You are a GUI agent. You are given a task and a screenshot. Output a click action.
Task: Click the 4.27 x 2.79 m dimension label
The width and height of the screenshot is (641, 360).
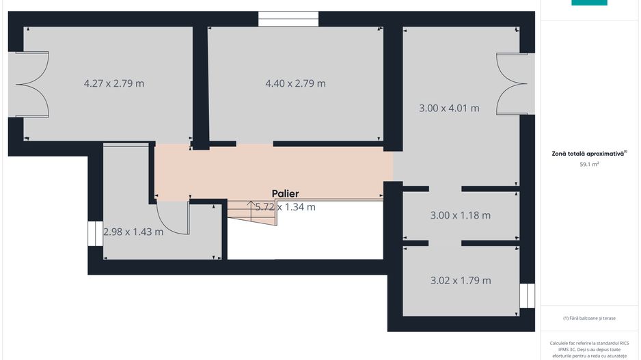(x=114, y=83)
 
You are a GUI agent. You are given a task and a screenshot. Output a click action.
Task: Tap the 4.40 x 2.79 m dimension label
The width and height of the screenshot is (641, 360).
(x=295, y=83)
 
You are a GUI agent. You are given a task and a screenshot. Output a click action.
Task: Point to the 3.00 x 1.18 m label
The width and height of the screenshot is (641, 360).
(x=461, y=215)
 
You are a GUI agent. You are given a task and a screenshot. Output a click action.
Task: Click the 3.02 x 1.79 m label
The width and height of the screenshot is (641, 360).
(x=461, y=280)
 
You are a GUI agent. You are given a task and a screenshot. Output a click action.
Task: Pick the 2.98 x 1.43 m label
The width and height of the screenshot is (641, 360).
(x=133, y=232)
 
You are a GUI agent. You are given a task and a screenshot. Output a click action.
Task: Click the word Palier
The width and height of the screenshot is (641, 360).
(x=285, y=193)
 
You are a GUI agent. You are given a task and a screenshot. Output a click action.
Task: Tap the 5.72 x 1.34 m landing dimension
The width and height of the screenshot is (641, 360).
(x=285, y=206)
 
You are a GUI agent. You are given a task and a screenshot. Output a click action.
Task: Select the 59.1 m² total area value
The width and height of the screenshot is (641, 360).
(x=589, y=165)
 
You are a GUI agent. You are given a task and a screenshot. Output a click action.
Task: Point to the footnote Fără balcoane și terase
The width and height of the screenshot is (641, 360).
(x=589, y=318)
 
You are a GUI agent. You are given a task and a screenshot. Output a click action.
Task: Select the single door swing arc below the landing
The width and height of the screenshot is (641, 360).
(x=172, y=219)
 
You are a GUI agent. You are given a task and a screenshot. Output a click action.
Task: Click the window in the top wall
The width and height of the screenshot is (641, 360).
(x=288, y=18)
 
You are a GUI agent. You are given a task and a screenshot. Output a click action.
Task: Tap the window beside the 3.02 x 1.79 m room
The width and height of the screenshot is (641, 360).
(x=527, y=296)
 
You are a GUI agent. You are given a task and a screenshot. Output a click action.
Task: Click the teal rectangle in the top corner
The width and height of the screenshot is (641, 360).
(x=589, y=3)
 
